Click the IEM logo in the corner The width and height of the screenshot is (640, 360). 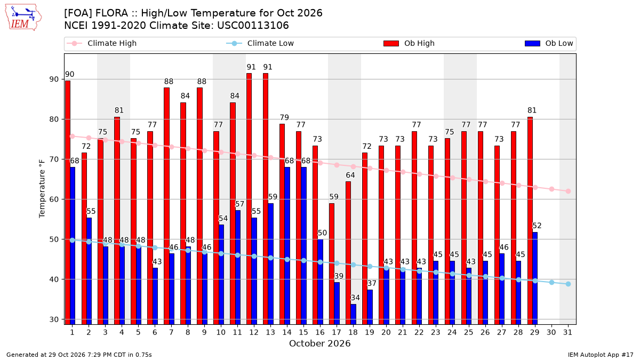click(x=23, y=18)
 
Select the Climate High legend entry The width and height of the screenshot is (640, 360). click(x=101, y=43)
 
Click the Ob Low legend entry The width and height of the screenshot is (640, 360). click(x=549, y=43)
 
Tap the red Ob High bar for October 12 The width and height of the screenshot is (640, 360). click(x=249, y=199)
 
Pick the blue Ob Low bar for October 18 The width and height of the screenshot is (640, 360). click(x=354, y=314)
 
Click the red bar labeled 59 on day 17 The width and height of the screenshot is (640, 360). click(x=332, y=264)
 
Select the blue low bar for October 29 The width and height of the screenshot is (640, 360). click(x=535, y=278)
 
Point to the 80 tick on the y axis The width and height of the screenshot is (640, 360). click(x=54, y=119)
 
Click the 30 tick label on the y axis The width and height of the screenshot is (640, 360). click(x=54, y=319)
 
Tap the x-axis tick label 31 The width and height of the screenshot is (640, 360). click(x=568, y=332)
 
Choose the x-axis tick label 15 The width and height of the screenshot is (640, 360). click(x=303, y=332)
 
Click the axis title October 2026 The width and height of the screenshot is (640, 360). click(x=319, y=343)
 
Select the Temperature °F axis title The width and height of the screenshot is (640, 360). click(x=42, y=189)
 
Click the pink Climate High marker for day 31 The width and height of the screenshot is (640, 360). click(x=569, y=191)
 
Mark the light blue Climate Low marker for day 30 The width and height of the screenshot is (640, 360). click(x=551, y=282)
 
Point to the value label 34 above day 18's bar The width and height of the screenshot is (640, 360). click(x=355, y=298)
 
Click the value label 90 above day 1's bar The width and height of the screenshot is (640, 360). click(x=69, y=74)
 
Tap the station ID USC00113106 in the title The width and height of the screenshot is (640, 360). click(x=253, y=26)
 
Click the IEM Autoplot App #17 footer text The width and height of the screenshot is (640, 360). click(x=601, y=355)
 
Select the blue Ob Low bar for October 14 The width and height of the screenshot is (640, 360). click(x=287, y=246)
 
